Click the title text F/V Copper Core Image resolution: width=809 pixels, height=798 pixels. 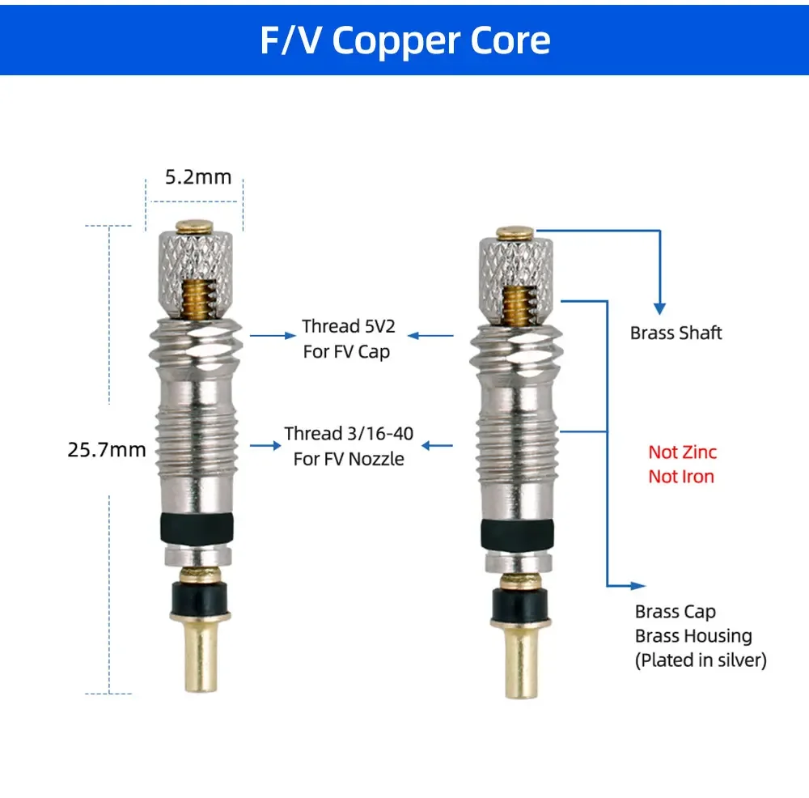point(404,38)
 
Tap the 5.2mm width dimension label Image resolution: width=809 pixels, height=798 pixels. point(198,176)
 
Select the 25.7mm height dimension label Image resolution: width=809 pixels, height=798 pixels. point(107,448)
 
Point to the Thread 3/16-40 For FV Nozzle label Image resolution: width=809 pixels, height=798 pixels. point(348,445)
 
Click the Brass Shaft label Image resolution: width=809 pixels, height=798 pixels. point(676,333)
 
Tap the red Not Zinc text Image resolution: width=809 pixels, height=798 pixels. point(682,452)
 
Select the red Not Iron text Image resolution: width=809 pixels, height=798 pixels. point(681,476)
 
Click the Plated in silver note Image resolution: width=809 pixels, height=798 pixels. point(700,660)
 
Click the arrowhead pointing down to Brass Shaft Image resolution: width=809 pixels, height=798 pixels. point(659,308)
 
